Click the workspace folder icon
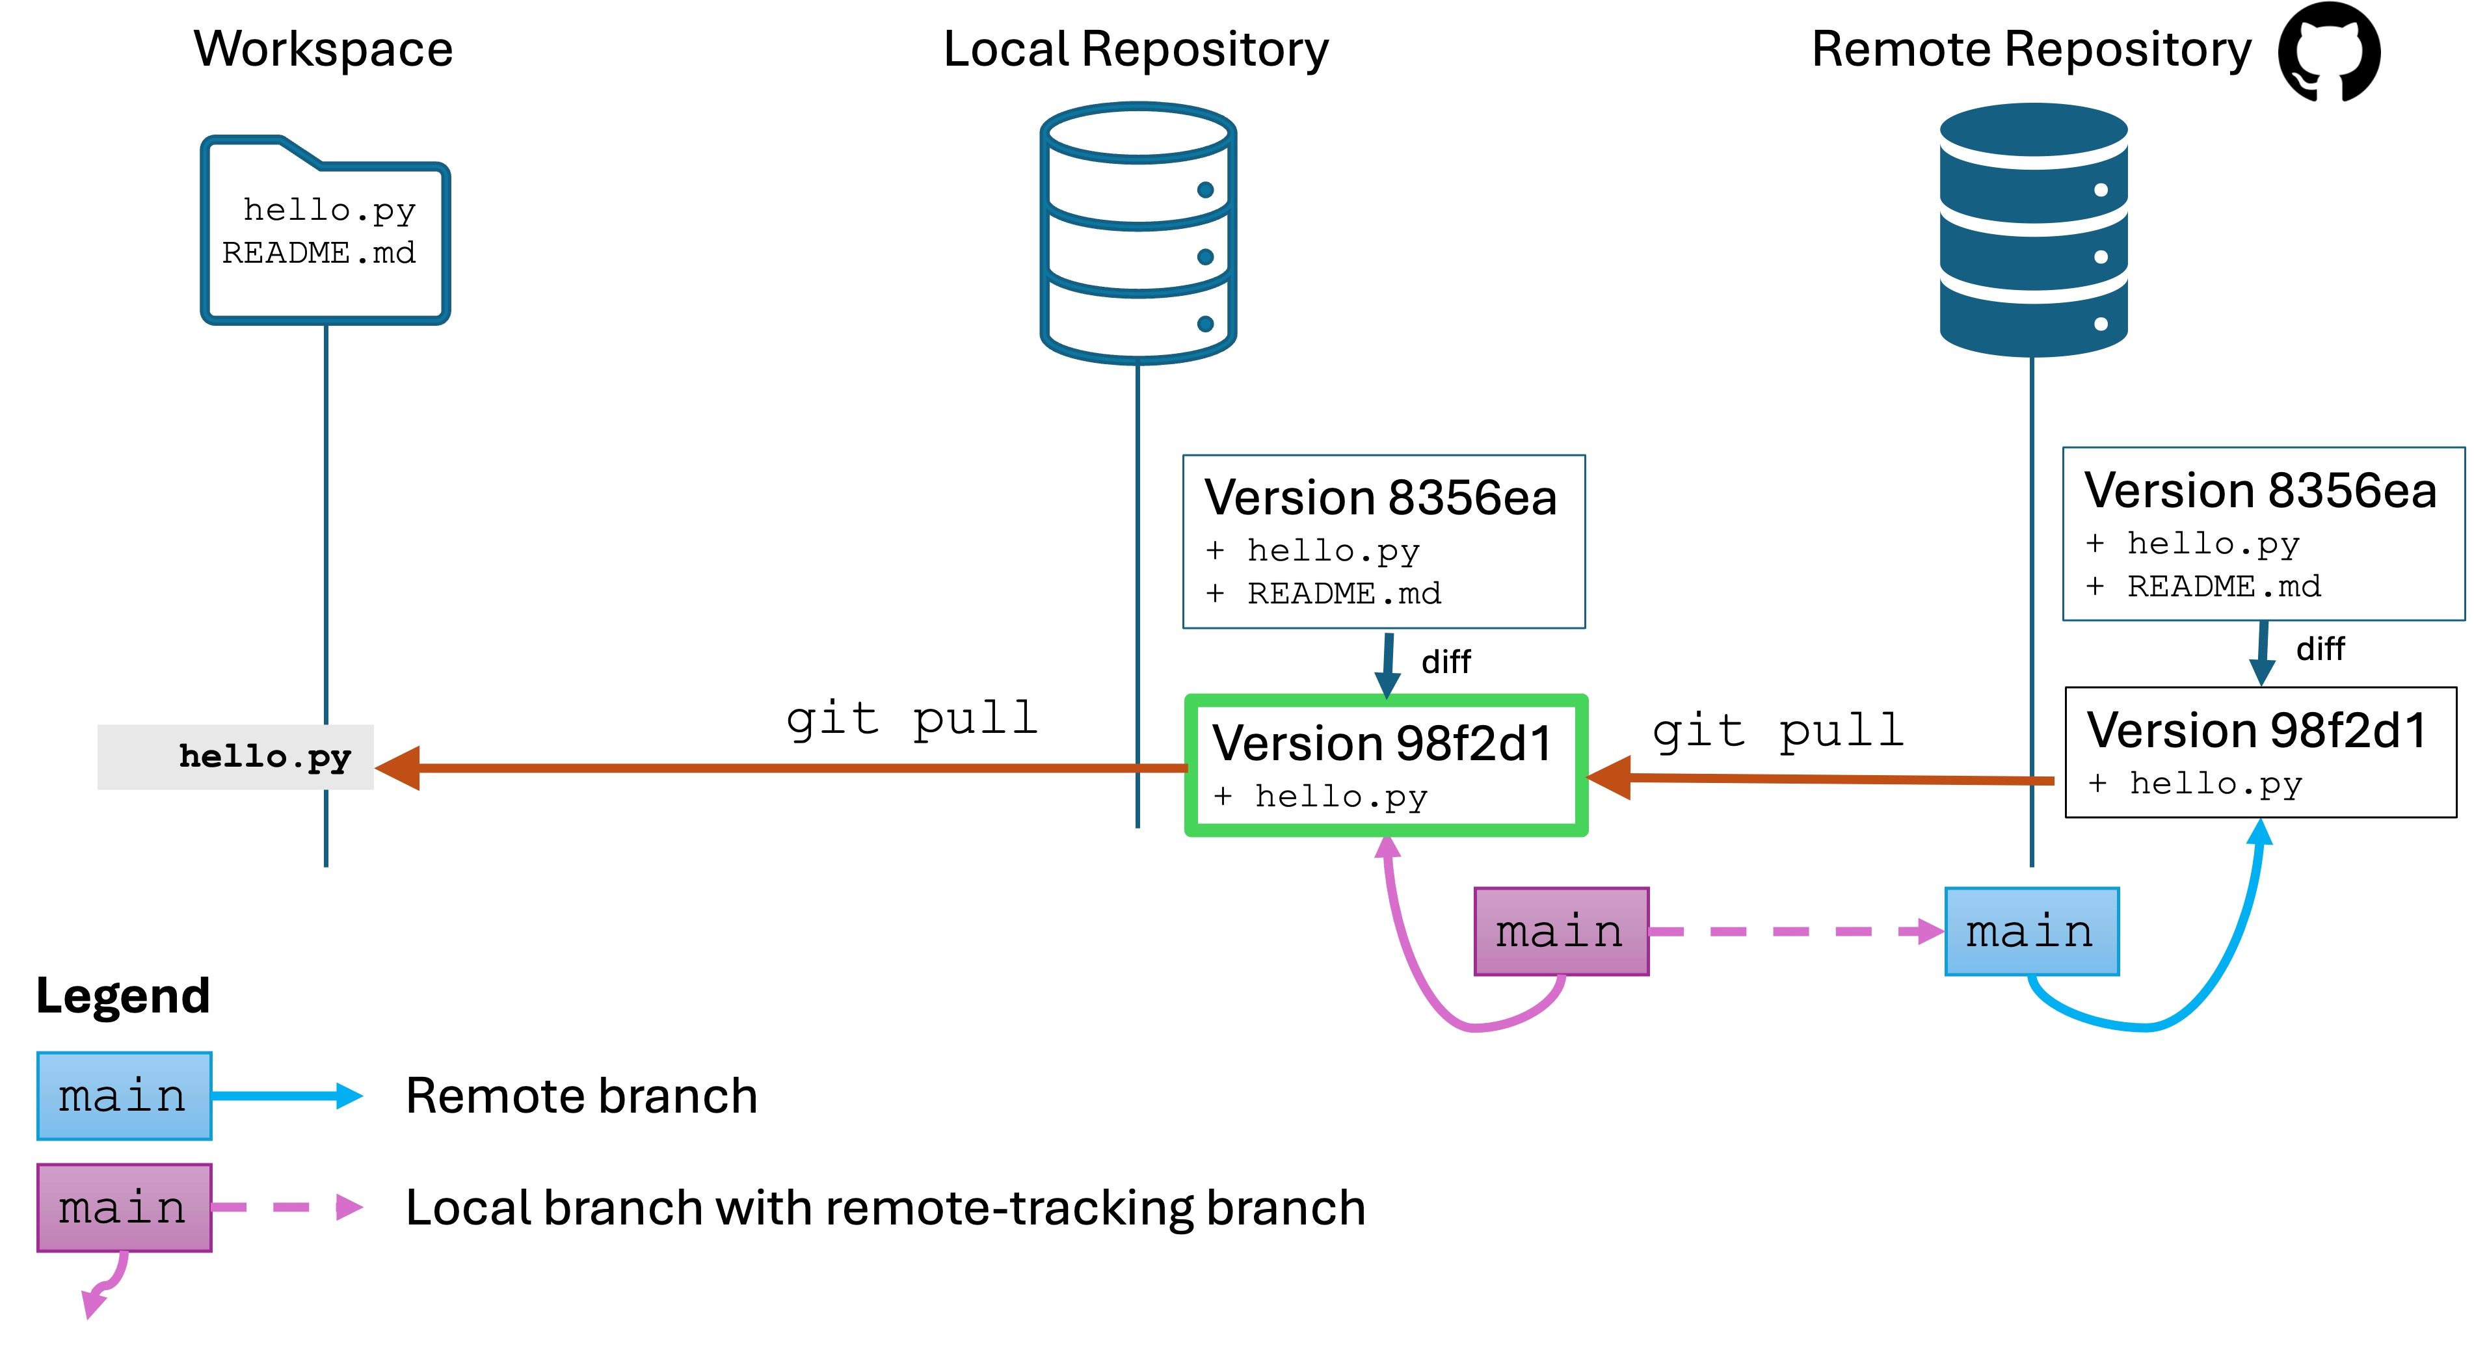pos(325,230)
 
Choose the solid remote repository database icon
pos(2033,230)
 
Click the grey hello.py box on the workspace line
pos(235,757)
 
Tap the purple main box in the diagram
pos(1561,931)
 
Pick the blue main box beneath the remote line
pos(2031,931)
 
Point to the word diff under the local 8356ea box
pos(1445,661)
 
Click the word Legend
pos(122,996)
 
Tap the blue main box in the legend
pos(124,1096)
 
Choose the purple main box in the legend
pos(124,1207)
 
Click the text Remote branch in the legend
pos(581,1096)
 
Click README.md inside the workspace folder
pos(319,252)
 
